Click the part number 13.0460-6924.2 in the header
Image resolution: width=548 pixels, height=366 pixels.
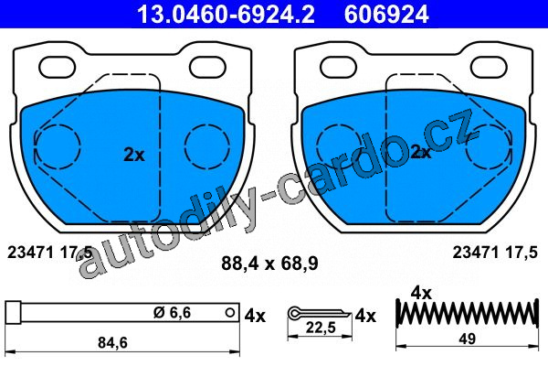point(226,15)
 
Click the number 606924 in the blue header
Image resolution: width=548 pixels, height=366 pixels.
point(386,15)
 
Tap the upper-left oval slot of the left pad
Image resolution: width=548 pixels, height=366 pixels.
point(58,67)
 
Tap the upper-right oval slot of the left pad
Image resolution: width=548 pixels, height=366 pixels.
point(207,67)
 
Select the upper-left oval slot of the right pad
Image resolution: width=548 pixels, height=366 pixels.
point(339,67)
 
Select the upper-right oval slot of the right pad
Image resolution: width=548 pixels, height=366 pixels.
point(489,67)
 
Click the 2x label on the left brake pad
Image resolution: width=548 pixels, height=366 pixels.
point(134,155)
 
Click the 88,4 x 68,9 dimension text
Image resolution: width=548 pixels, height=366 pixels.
point(269,264)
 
